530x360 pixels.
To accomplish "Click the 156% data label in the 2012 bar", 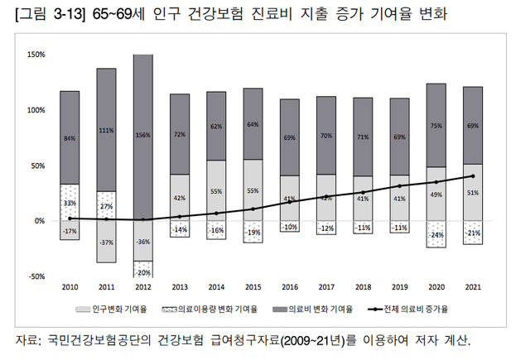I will [x=142, y=135].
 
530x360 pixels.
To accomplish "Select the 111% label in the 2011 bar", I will [x=105, y=130].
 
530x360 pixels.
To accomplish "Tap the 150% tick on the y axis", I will [x=35, y=55].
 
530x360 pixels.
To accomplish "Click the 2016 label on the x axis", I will [x=289, y=286].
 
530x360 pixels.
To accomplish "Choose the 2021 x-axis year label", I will [x=473, y=286].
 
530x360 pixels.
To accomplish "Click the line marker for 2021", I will [x=473, y=176].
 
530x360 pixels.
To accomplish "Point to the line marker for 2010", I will [x=70, y=218].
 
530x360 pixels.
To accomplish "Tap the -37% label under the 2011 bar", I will [x=105, y=242].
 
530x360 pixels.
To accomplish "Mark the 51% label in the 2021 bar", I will [x=473, y=193].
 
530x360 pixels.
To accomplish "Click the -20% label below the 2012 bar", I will [x=142, y=273].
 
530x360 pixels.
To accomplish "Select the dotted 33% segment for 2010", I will [x=70, y=202].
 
